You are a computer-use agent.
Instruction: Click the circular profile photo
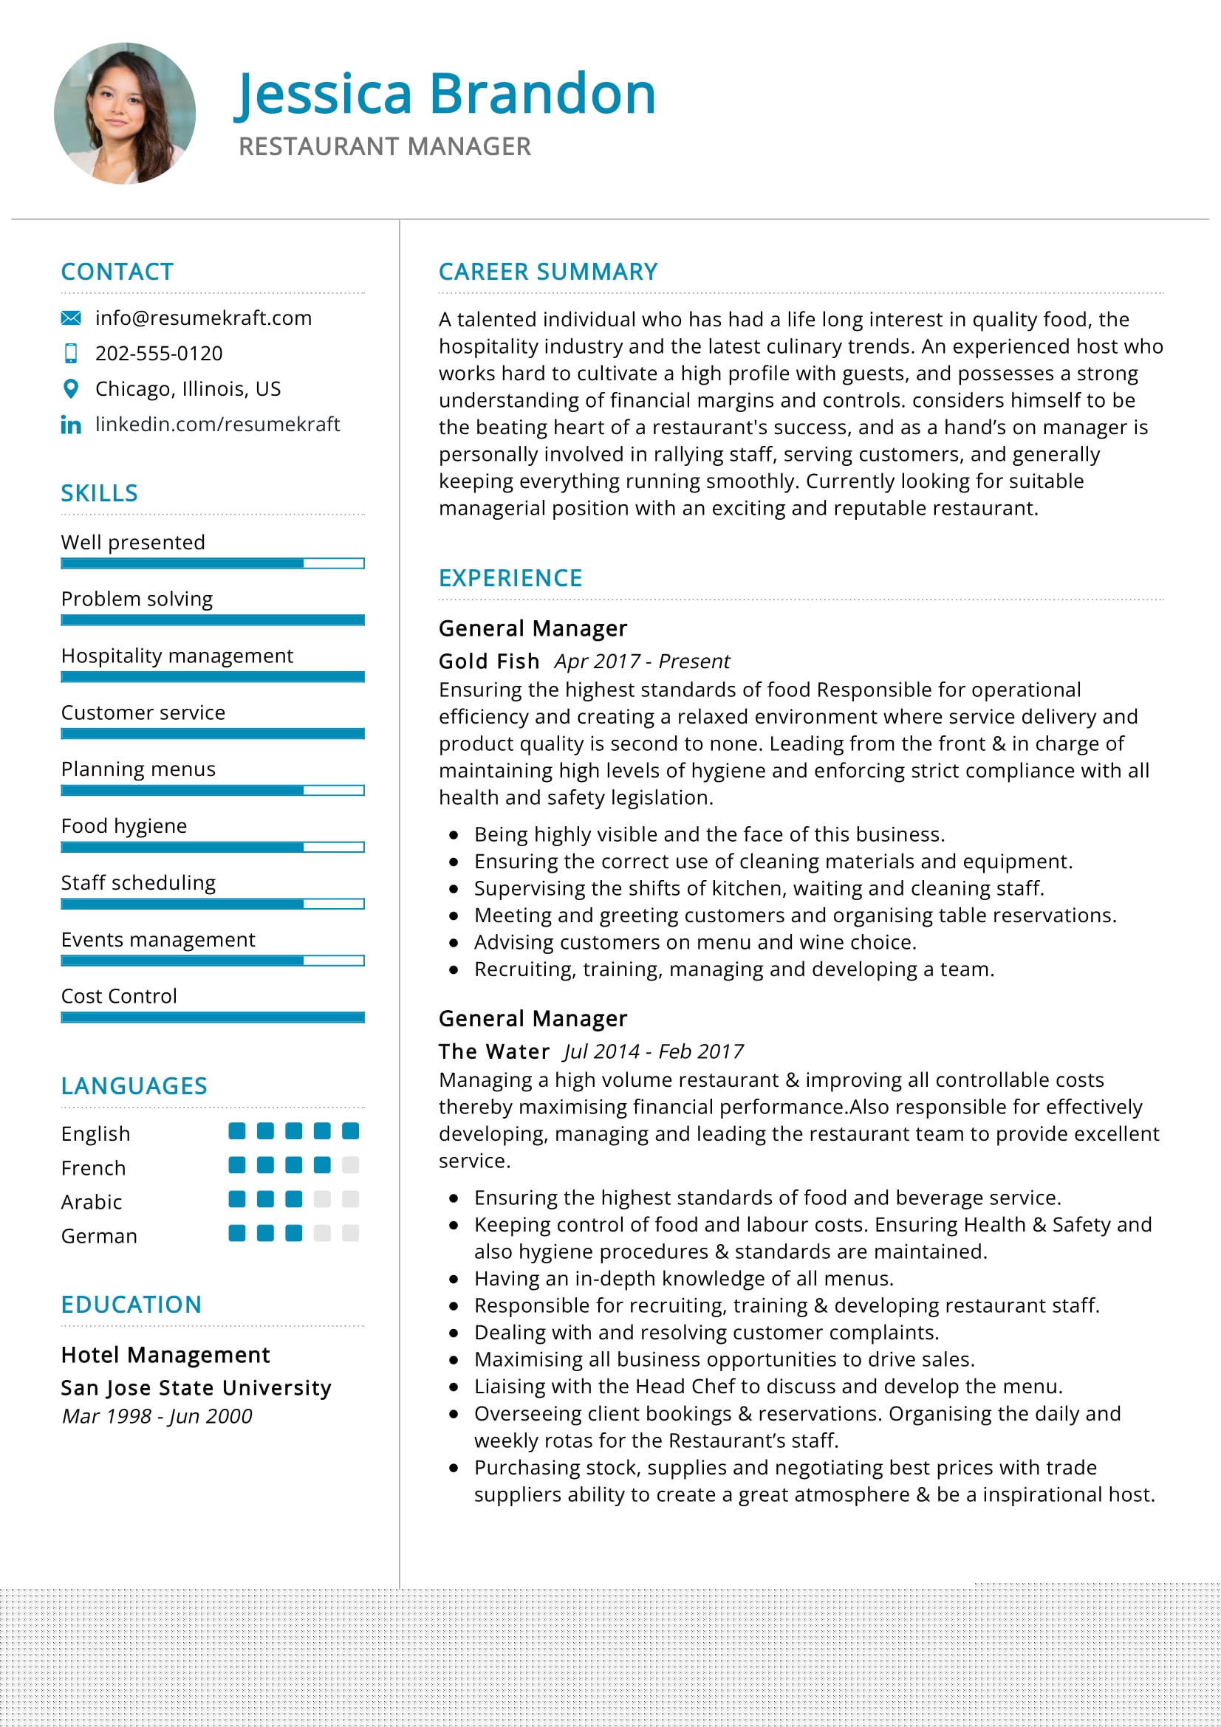coord(125,114)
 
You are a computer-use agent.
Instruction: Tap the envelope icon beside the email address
coord(71,318)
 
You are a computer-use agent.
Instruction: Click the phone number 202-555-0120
coord(159,354)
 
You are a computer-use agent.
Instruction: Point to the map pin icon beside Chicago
coord(71,389)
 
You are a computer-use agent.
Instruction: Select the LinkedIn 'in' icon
coord(71,425)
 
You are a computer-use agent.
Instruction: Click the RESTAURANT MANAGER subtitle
coord(384,147)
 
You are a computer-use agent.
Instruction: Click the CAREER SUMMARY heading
coord(547,272)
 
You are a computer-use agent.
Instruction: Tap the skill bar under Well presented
coord(212,563)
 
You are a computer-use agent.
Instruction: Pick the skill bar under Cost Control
coord(212,1017)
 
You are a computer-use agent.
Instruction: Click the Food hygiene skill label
coord(124,826)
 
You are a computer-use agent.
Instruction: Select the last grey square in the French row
coord(350,1165)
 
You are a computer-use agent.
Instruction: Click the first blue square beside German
coord(237,1233)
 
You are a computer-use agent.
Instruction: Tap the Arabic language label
coord(92,1202)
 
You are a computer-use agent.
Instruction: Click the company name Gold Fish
coord(489,661)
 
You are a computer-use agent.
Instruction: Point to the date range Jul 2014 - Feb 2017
coord(653,1051)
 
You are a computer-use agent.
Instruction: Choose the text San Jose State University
coord(196,1388)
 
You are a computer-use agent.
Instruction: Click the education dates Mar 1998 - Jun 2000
coord(157,1416)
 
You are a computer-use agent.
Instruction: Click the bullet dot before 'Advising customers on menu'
coord(454,942)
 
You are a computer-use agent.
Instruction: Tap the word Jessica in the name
coord(324,94)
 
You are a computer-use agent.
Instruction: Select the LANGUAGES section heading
coord(134,1086)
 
